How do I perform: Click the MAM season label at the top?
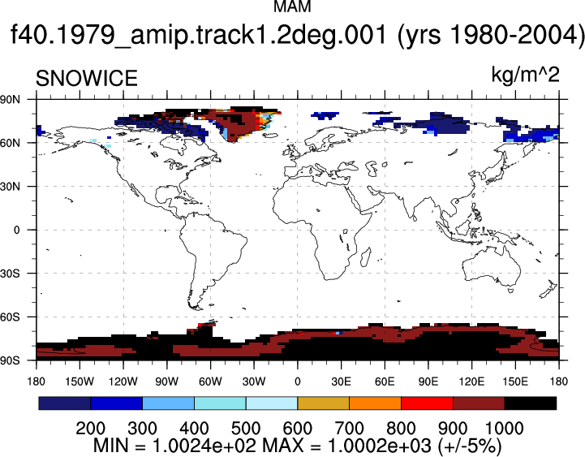point(292,6)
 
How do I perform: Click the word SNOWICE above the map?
point(87,79)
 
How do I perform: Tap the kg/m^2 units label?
point(525,75)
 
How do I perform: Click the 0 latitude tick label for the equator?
point(16,230)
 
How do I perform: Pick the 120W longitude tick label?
point(123,382)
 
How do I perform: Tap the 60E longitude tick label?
point(385,382)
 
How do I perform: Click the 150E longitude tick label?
point(515,382)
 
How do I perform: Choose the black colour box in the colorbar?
point(530,403)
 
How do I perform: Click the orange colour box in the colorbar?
point(376,403)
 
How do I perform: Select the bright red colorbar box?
point(427,403)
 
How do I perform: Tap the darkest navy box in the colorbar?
point(65,403)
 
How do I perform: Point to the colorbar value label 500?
point(246,429)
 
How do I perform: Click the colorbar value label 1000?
point(504,429)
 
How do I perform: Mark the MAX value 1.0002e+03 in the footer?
point(379,446)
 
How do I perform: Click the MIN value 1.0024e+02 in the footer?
point(204,446)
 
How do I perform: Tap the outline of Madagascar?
point(367,257)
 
